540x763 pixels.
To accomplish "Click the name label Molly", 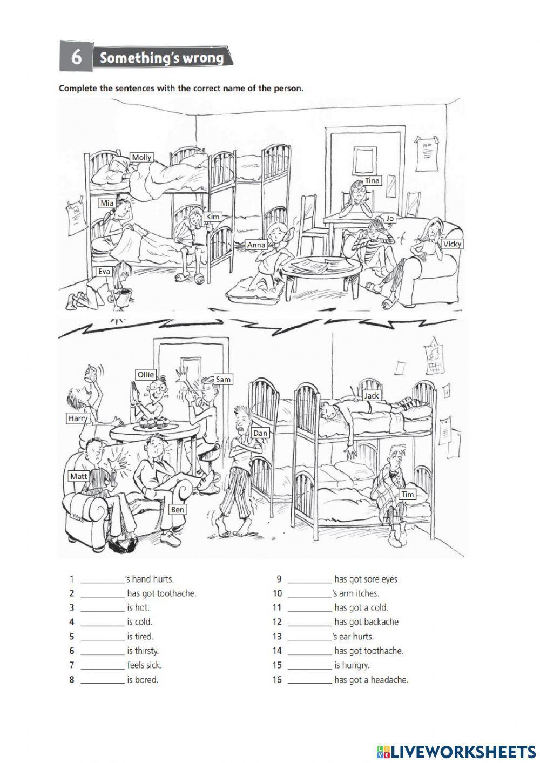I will click(x=142, y=157).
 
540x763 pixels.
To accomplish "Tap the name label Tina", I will click(x=372, y=180).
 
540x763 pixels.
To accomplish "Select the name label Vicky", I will click(x=452, y=244).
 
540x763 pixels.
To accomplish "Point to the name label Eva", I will click(x=104, y=272).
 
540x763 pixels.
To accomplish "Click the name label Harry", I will click(x=78, y=418).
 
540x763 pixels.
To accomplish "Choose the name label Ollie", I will click(x=145, y=374).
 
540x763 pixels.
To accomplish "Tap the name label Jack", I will click(x=372, y=395).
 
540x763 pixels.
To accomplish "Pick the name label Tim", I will click(x=408, y=494).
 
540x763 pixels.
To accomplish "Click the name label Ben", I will click(x=177, y=509).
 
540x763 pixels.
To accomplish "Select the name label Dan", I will click(x=260, y=433).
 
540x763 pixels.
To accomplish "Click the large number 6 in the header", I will click(x=77, y=57).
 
